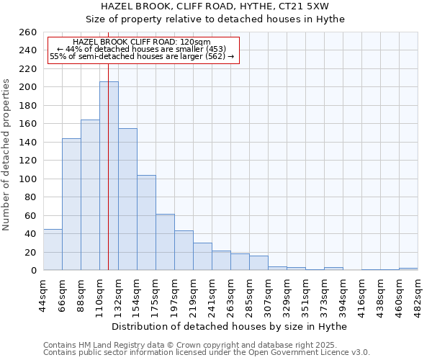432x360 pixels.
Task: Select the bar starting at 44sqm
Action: pyautogui.click(x=53, y=250)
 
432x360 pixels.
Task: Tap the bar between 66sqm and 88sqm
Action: pyautogui.click(x=71, y=204)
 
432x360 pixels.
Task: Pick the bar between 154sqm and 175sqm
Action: pyautogui.click(x=146, y=223)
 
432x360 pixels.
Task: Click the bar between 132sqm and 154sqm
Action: pyautogui.click(x=127, y=199)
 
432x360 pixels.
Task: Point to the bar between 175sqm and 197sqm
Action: pyautogui.click(x=165, y=242)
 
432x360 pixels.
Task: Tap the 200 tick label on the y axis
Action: pyautogui.click(x=28, y=87)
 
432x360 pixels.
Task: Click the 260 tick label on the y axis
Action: pyautogui.click(x=28, y=32)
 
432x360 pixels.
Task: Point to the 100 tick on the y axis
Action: pyautogui.click(x=28, y=179)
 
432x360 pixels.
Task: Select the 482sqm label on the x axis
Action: pyautogui.click(x=418, y=295)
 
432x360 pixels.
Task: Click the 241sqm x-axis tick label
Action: pyautogui.click(x=212, y=295)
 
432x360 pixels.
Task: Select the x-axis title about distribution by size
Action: pyautogui.click(x=229, y=326)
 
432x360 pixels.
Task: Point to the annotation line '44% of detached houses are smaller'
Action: pyautogui.click(x=142, y=49)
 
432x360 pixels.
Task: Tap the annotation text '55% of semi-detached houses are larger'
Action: pyautogui.click(x=142, y=56)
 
